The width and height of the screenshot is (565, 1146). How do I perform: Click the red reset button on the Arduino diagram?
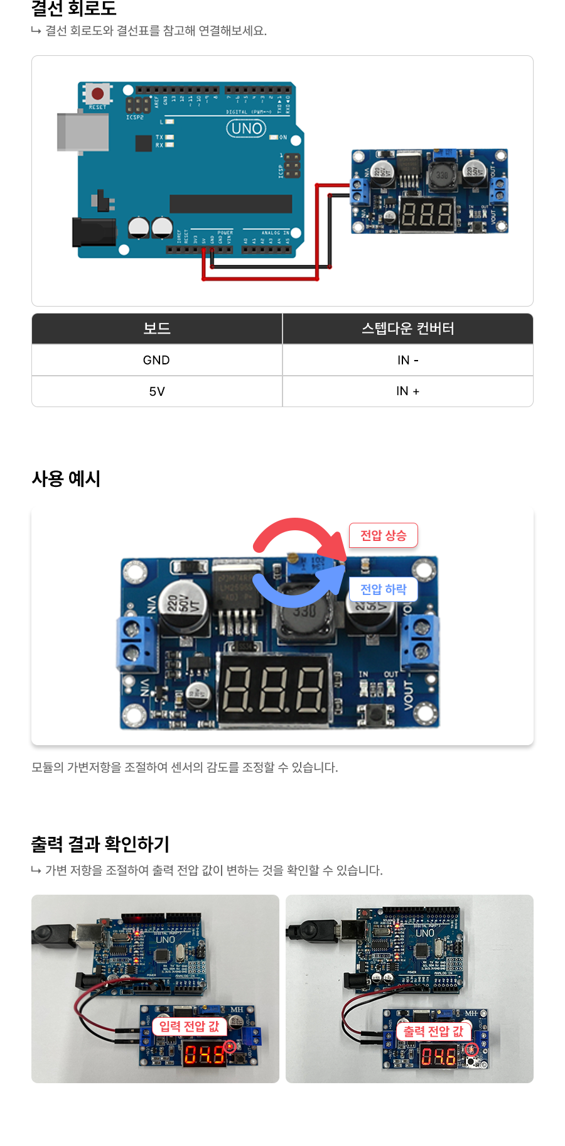click(97, 94)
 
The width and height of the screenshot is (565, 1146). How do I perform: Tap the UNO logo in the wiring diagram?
click(246, 129)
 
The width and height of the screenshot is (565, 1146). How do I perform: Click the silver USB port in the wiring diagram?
click(82, 132)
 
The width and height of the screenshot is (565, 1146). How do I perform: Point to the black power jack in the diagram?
click(94, 231)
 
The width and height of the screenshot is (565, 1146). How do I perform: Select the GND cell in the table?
click(156, 360)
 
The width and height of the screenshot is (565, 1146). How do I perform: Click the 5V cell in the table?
click(156, 391)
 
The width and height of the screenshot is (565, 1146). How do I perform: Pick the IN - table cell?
click(407, 360)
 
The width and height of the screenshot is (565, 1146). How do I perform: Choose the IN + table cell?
click(407, 391)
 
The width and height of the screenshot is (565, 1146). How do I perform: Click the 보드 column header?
click(156, 329)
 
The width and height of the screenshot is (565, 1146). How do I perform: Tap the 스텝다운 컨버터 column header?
click(407, 329)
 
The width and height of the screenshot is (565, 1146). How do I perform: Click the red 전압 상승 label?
click(383, 535)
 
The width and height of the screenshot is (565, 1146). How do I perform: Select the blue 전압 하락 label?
click(383, 589)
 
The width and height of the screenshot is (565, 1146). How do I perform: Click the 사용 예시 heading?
click(66, 479)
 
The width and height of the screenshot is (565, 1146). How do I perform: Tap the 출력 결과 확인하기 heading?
click(100, 844)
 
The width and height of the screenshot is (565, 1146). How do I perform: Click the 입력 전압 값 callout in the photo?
click(189, 1026)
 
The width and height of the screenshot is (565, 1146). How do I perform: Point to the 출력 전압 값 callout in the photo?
click(433, 1031)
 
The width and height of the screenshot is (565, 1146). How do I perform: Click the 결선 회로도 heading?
click(74, 9)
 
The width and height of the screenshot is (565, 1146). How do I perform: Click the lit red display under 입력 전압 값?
click(204, 1055)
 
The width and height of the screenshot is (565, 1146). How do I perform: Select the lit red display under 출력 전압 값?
click(439, 1057)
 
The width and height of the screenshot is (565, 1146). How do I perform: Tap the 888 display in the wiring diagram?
click(426, 215)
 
